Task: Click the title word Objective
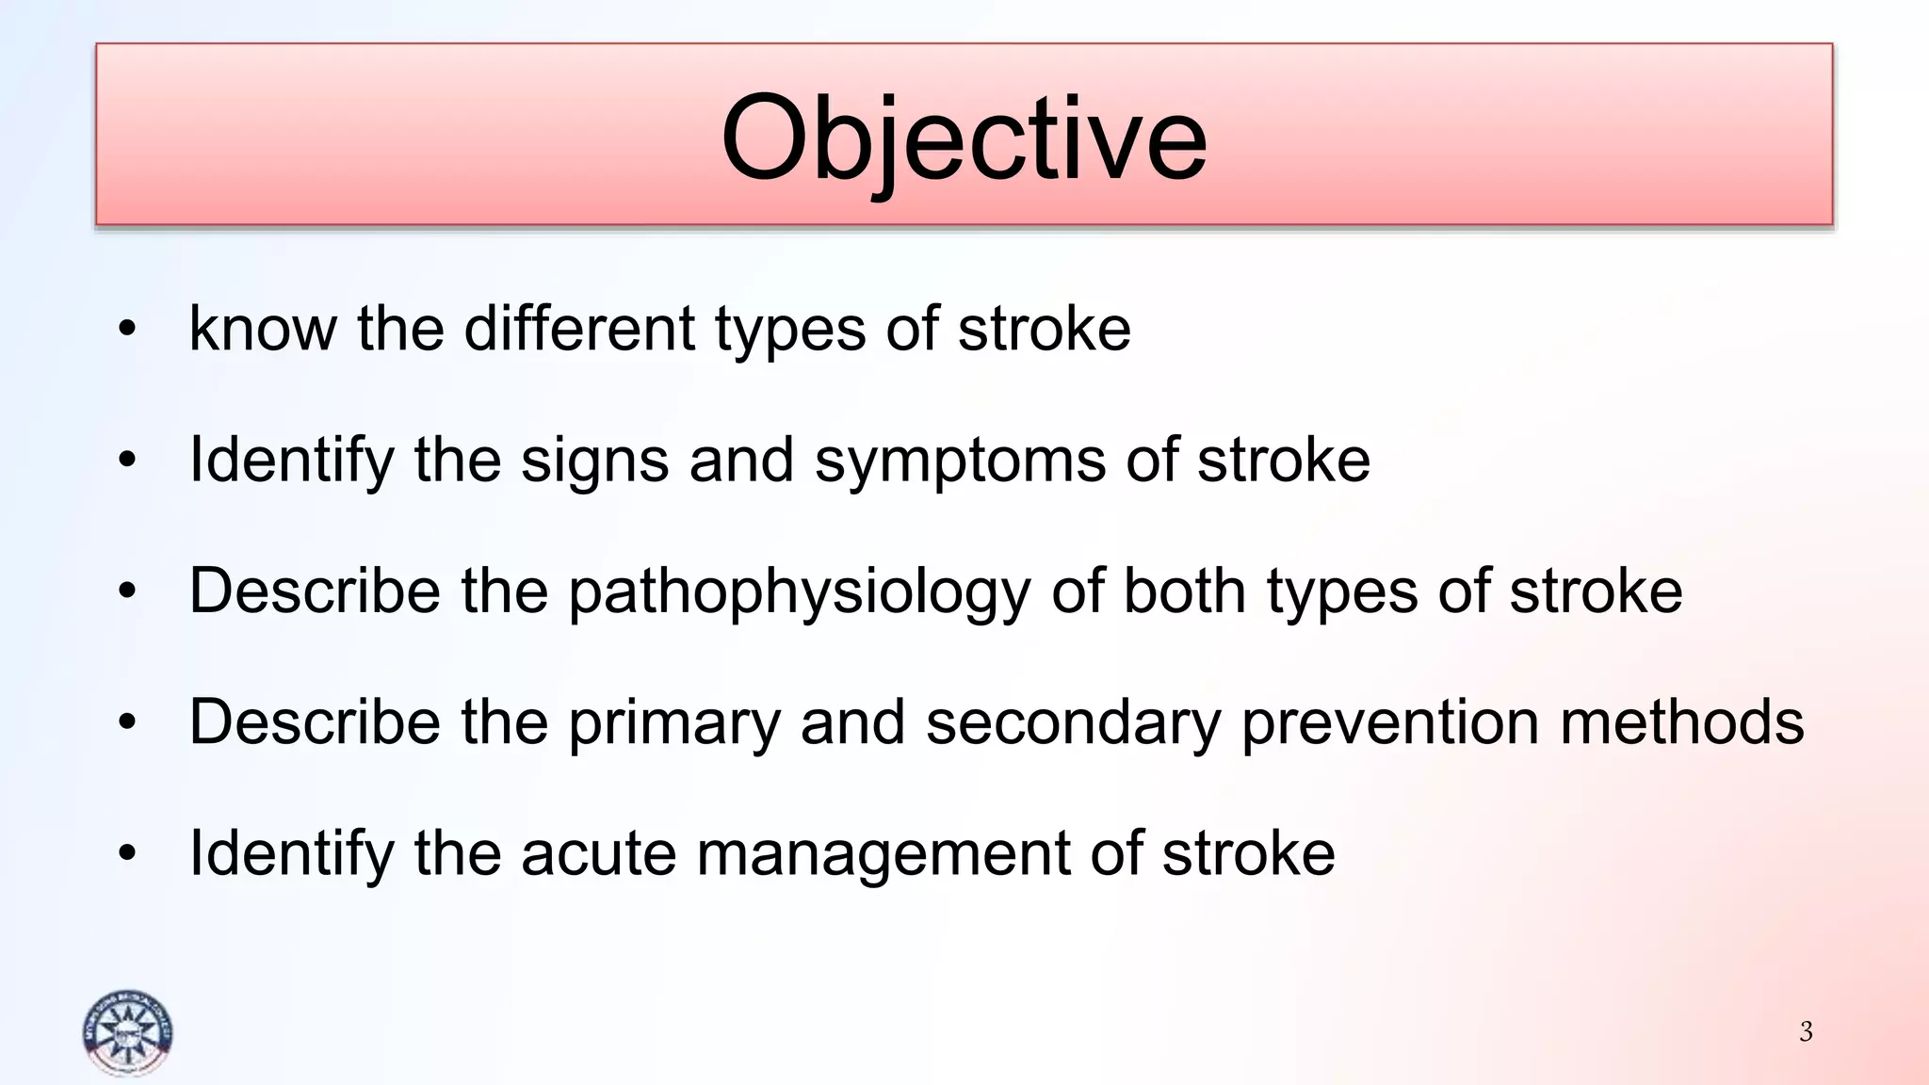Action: [x=964, y=139]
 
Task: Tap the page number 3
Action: [x=1806, y=1031]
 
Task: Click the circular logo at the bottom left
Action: [x=127, y=1033]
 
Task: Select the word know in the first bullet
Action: [x=263, y=329]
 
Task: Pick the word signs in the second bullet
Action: [x=595, y=462]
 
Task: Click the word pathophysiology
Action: [x=800, y=593]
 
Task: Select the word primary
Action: [x=674, y=723]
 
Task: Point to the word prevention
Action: [x=1390, y=723]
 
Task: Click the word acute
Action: [x=598, y=853]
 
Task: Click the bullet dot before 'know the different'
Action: [x=127, y=330]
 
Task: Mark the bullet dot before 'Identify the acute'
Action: [x=127, y=854]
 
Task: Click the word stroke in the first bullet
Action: [x=1044, y=329]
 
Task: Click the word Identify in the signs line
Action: [x=291, y=462]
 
